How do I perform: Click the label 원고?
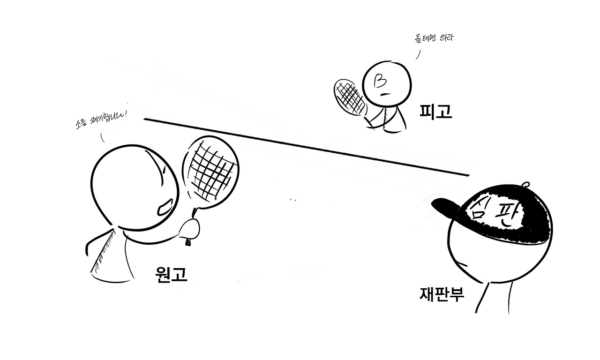point(172,274)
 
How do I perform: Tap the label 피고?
point(435,112)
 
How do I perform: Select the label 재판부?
point(442,293)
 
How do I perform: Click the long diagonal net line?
point(305,146)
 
